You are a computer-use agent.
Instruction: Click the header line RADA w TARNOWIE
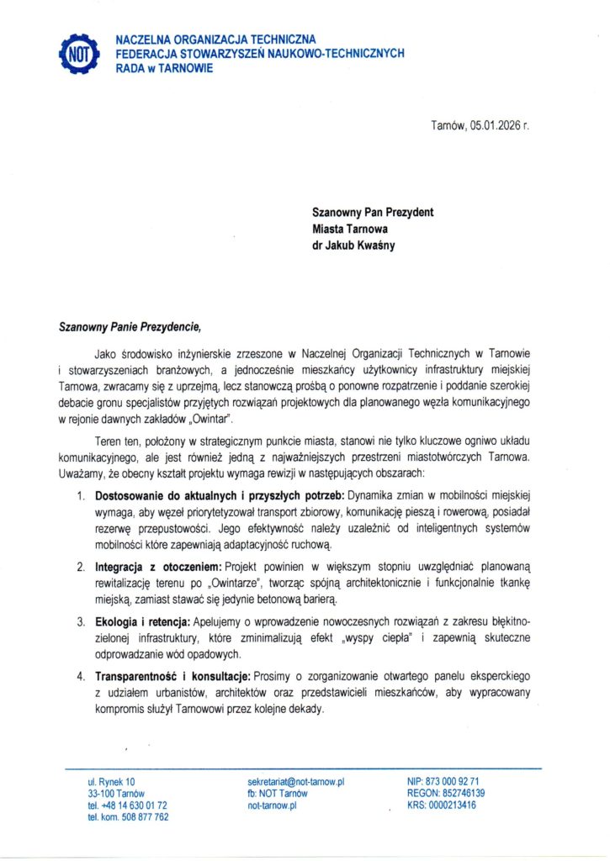(x=163, y=68)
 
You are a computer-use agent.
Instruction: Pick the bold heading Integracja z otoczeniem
(x=157, y=568)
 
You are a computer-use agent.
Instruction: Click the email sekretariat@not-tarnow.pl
(x=296, y=782)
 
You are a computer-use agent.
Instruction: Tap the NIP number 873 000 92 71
(x=454, y=782)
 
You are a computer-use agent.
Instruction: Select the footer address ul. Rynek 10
(x=110, y=782)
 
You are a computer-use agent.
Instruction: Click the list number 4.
(x=81, y=676)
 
